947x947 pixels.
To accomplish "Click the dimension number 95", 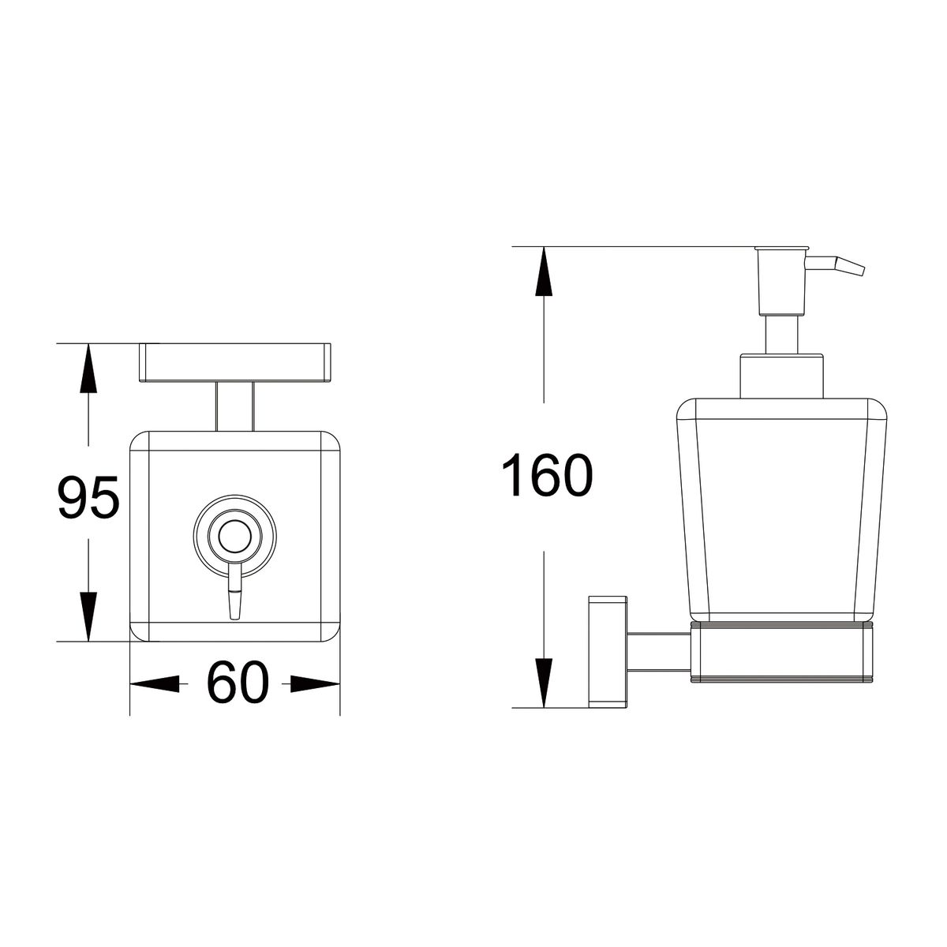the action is pyautogui.click(x=89, y=497).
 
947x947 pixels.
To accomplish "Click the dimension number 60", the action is pyautogui.click(x=238, y=683).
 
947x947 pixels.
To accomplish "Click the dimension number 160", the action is pyautogui.click(x=547, y=475).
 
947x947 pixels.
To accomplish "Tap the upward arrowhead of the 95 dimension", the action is pyautogui.click(x=88, y=368).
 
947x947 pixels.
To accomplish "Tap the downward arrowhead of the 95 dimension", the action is pyautogui.click(x=88, y=616).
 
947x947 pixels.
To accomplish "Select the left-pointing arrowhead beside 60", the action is pyautogui.click(x=155, y=684).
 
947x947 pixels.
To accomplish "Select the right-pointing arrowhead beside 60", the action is pyautogui.click(x=315, y=684).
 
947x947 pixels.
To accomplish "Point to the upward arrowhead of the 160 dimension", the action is pyautogui.click(x=544, y=271).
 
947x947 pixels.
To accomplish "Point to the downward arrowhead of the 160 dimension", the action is pyautogui.click(x=544, y=683).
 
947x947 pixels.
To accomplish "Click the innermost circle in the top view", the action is pyautogui.click(x=235, y=536).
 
